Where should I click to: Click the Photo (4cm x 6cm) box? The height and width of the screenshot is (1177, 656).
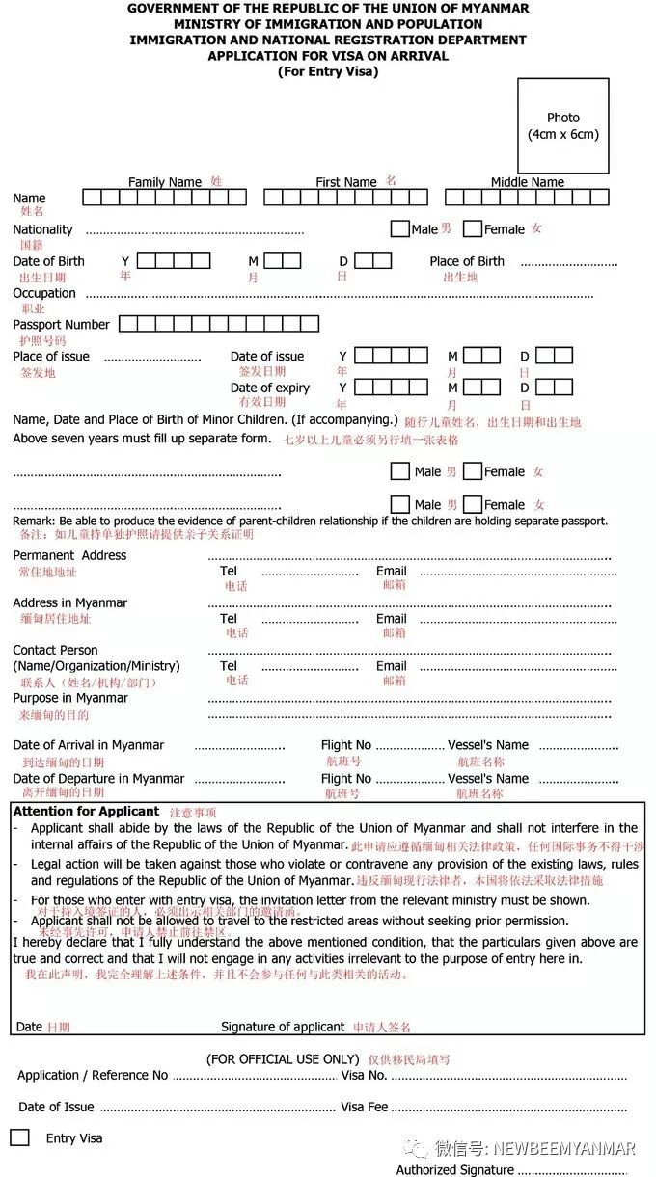coord(562,126)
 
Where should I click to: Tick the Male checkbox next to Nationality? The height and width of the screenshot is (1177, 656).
coord(399,229)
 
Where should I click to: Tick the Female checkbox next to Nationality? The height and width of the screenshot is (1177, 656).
coord(472,229)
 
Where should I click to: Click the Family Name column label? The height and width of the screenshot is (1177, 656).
coord(165,182)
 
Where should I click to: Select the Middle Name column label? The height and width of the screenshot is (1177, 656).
coord(527,182)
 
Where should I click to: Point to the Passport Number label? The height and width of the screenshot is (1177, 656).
coord(61,325)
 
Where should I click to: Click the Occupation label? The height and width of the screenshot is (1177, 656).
coord(44,293)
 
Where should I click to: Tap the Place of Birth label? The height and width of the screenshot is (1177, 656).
coord(467,261)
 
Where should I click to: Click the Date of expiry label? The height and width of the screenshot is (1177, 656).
coord(270,388)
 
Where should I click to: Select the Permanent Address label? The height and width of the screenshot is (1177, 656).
coord(69,555)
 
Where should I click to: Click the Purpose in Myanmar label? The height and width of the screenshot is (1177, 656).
coord(70,698)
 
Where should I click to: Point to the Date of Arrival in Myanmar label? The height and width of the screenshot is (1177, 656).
coord(89,745)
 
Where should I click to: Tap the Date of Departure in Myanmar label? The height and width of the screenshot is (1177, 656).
coord(98,779)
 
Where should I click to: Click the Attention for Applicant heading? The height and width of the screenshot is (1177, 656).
coord(86,812)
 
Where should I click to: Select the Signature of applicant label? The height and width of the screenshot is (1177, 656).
coord(283,1027)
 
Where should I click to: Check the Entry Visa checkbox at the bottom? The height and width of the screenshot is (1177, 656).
coord(20,1137)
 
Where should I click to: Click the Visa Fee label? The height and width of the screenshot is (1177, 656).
coord(365,1107)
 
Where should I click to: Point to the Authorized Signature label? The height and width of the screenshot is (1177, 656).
coord(454,1170)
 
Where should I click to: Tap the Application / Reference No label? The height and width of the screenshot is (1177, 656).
coord(93,1075)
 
